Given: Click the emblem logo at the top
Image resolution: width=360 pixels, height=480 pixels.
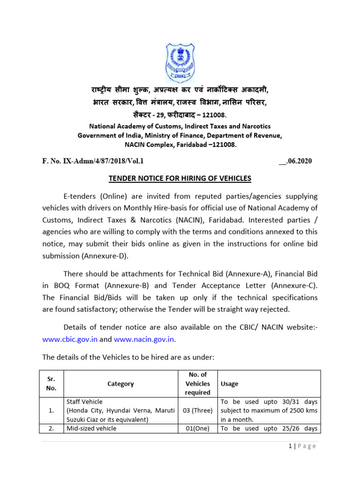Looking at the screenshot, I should pyautogui.click(x=180, y=63).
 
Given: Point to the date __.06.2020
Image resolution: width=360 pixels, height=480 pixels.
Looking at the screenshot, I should pyautogui.click(x=295, y=161).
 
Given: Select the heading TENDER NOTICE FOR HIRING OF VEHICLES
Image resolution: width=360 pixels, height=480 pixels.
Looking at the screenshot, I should pyautogui.click(x=180, y=178).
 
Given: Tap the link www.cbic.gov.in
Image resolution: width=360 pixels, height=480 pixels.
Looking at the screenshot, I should pyautogui.click(x=70, y=339).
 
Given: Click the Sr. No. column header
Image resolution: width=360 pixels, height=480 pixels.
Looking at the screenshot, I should pyautogui.click(x=52, y=383).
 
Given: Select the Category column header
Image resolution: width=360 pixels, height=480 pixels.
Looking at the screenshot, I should pyautogui.click(x=120, y=383).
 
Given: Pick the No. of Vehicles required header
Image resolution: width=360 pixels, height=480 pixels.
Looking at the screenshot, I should pyautogui.click(x=198, y=383).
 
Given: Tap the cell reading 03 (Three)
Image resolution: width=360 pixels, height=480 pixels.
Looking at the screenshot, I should pyautogui.click(x=198, y=411).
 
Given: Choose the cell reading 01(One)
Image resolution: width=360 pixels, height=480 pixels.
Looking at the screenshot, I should pyautogui.click(x=198, y=428).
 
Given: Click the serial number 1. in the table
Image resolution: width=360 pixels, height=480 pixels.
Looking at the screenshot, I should pyautogui.click(x=52, y=411).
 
